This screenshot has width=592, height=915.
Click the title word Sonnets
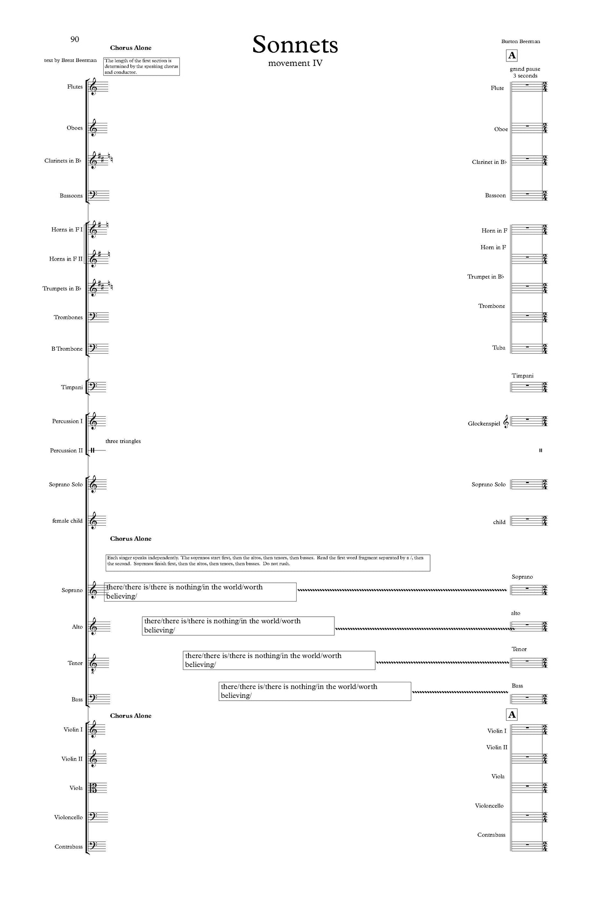coord(295,45)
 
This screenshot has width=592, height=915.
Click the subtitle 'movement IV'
coord(295,63)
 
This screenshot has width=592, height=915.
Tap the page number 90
coord(75,39)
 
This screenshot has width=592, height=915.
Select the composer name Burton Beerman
coord(520,41)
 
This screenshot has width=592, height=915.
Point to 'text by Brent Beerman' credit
coord(70,60)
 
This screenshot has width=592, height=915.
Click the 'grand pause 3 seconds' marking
coord(525,72)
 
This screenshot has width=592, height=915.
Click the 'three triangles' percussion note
coord(123,441)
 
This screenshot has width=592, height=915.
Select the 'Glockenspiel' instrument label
coord(484,424)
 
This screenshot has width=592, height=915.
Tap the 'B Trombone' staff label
coord(67,349)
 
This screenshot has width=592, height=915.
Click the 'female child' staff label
coord(67,521)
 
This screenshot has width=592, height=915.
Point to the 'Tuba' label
coord(499,348)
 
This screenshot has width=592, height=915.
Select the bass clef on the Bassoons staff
coord(93,195)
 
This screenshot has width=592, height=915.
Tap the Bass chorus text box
coord(314,691)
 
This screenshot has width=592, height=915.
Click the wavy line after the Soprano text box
coord(401,590)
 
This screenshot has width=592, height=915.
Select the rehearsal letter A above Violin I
coord(512,715)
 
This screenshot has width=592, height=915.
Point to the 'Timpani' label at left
coord(72,387)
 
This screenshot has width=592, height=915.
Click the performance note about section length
coord(141,66)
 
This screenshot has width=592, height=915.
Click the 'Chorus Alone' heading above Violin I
coord(131,715)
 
